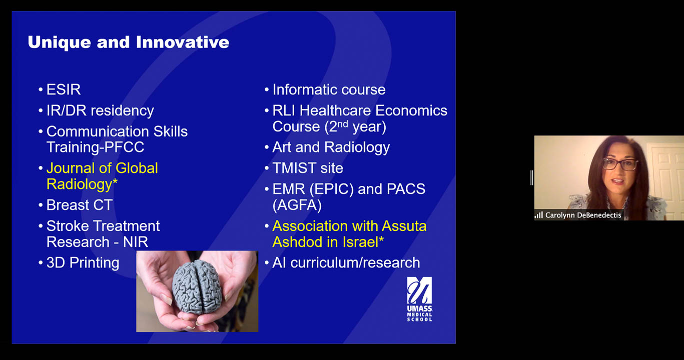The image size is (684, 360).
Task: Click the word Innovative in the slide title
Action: [183, 42]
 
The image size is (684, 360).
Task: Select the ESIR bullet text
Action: [64, 89]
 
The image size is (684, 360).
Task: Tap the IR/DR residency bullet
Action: [100, 110]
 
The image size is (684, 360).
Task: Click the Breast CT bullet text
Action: [80, 205]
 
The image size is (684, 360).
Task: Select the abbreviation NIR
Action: [136, 242]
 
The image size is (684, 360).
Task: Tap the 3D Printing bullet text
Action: [83, 263]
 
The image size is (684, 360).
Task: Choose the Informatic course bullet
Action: [329, 89]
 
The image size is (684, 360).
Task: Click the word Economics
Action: [411, 110]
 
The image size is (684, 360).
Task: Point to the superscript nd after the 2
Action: [343, 123]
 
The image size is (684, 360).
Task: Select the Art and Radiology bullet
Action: [331, 147]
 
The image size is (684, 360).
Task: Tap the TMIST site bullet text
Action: [308, 168]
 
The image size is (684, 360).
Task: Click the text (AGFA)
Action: [297, 205]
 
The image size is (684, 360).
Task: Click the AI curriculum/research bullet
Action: [346, 263]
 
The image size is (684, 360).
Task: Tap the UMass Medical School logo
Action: [419, 299]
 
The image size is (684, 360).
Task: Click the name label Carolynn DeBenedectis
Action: [583, 215]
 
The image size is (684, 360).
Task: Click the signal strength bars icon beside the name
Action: [539, 215]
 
